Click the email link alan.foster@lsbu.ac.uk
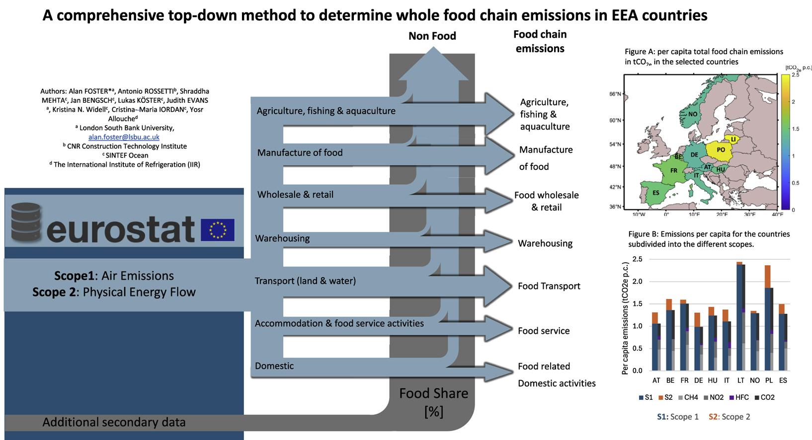(x=124, y=137)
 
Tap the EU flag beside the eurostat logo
(x=217, y=230)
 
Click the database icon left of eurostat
(x=26, y=222)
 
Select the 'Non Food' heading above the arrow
(x=432, y=36)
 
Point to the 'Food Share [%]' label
(x=433, y=402)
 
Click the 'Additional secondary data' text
(x=114, y=422)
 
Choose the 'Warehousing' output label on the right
(x=545, y=243)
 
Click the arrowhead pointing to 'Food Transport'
(x=499, y=286)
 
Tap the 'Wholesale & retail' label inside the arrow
(x=295, y=195)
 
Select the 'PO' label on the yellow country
(x=721, y=149)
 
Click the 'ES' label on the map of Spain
(x=655, y=193)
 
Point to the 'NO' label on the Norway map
(x=692, y=114)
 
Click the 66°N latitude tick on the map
(x=615, y=94)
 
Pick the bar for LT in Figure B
(x=740, y=316)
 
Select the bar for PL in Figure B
(x=768, y=318)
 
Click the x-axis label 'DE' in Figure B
(x=698, y=380)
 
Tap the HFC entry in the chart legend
(x=739, y=397)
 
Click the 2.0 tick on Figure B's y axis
(x=637, y=282)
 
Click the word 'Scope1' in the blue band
(x=74, y=276)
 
